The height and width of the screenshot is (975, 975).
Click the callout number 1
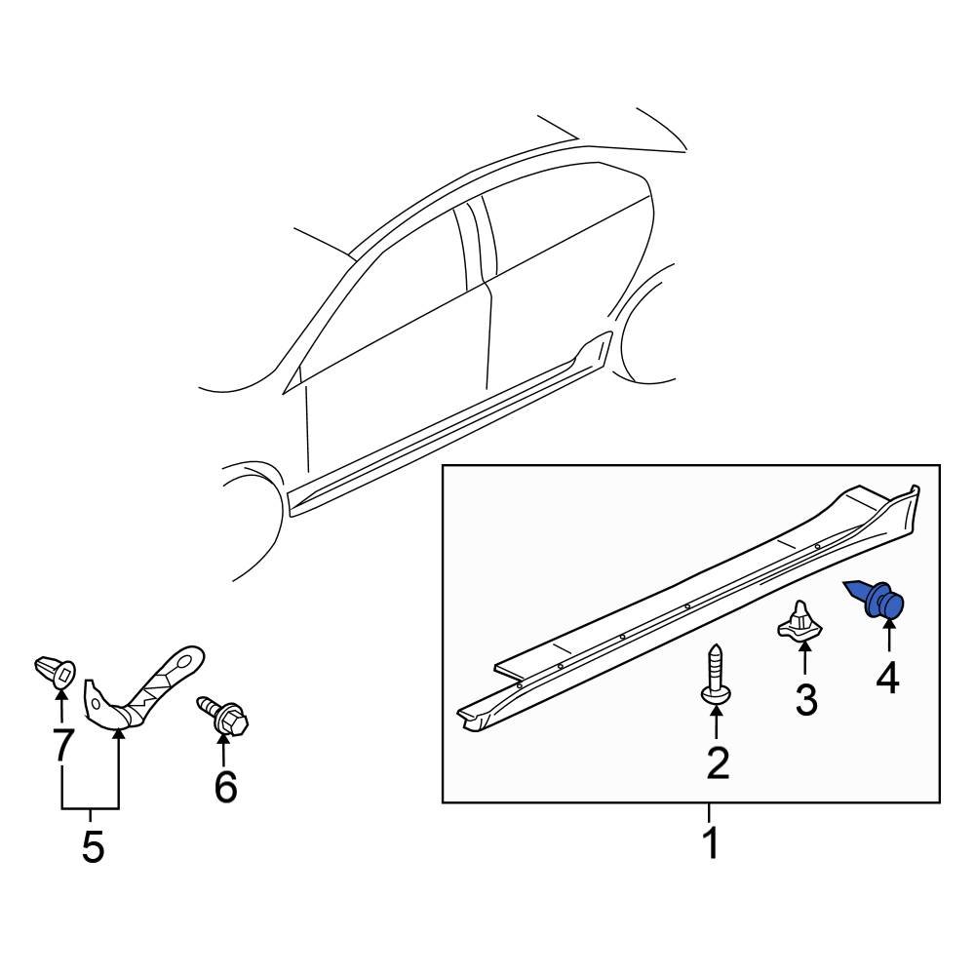click(x=711, y=842)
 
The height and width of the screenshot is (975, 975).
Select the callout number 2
click(x=718, y=762)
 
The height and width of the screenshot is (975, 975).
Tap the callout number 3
click(x=805, y=699)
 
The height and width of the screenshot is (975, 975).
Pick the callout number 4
click(x=887, y=677)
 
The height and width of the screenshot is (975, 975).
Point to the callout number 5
click(x=92, y=846)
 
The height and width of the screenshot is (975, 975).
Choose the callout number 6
click(x=225, y=786)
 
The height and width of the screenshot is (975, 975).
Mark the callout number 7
click(x=61, y=745)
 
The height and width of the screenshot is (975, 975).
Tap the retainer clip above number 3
click(x=799, y=623)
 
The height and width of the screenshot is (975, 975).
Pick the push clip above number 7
click(x=56, y=671)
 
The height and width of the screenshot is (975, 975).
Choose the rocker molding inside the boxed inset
click(x=682, y=604)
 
